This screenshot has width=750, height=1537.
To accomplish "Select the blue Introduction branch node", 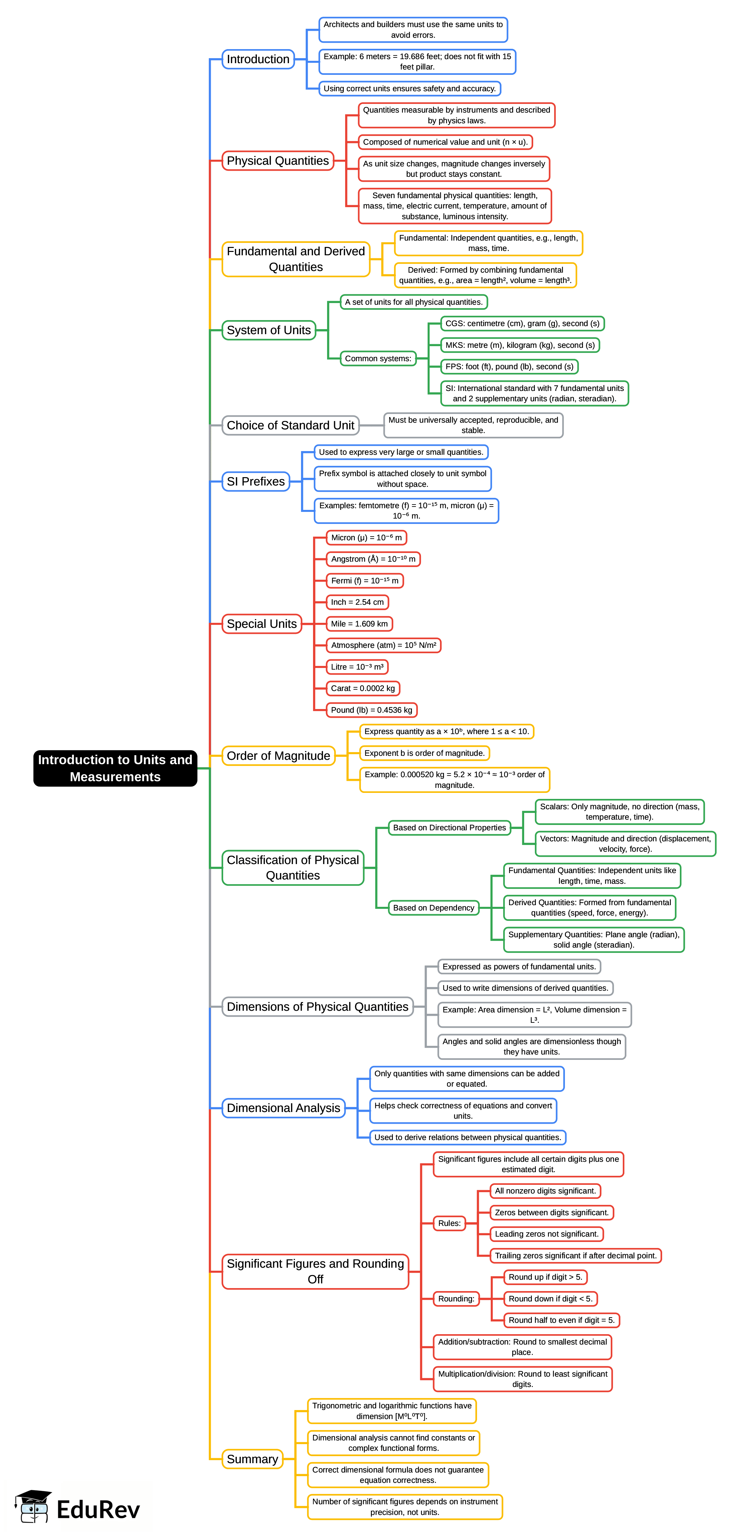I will [258, 59].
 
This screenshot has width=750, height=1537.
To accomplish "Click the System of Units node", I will [269, 330].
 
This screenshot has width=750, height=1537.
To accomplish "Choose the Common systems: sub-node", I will [378, 359].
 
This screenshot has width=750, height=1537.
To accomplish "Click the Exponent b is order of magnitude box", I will [424, 753].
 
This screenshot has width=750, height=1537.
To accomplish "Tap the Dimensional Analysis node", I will [283, 1108].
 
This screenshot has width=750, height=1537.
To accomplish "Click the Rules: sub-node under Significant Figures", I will [449, 1223].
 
